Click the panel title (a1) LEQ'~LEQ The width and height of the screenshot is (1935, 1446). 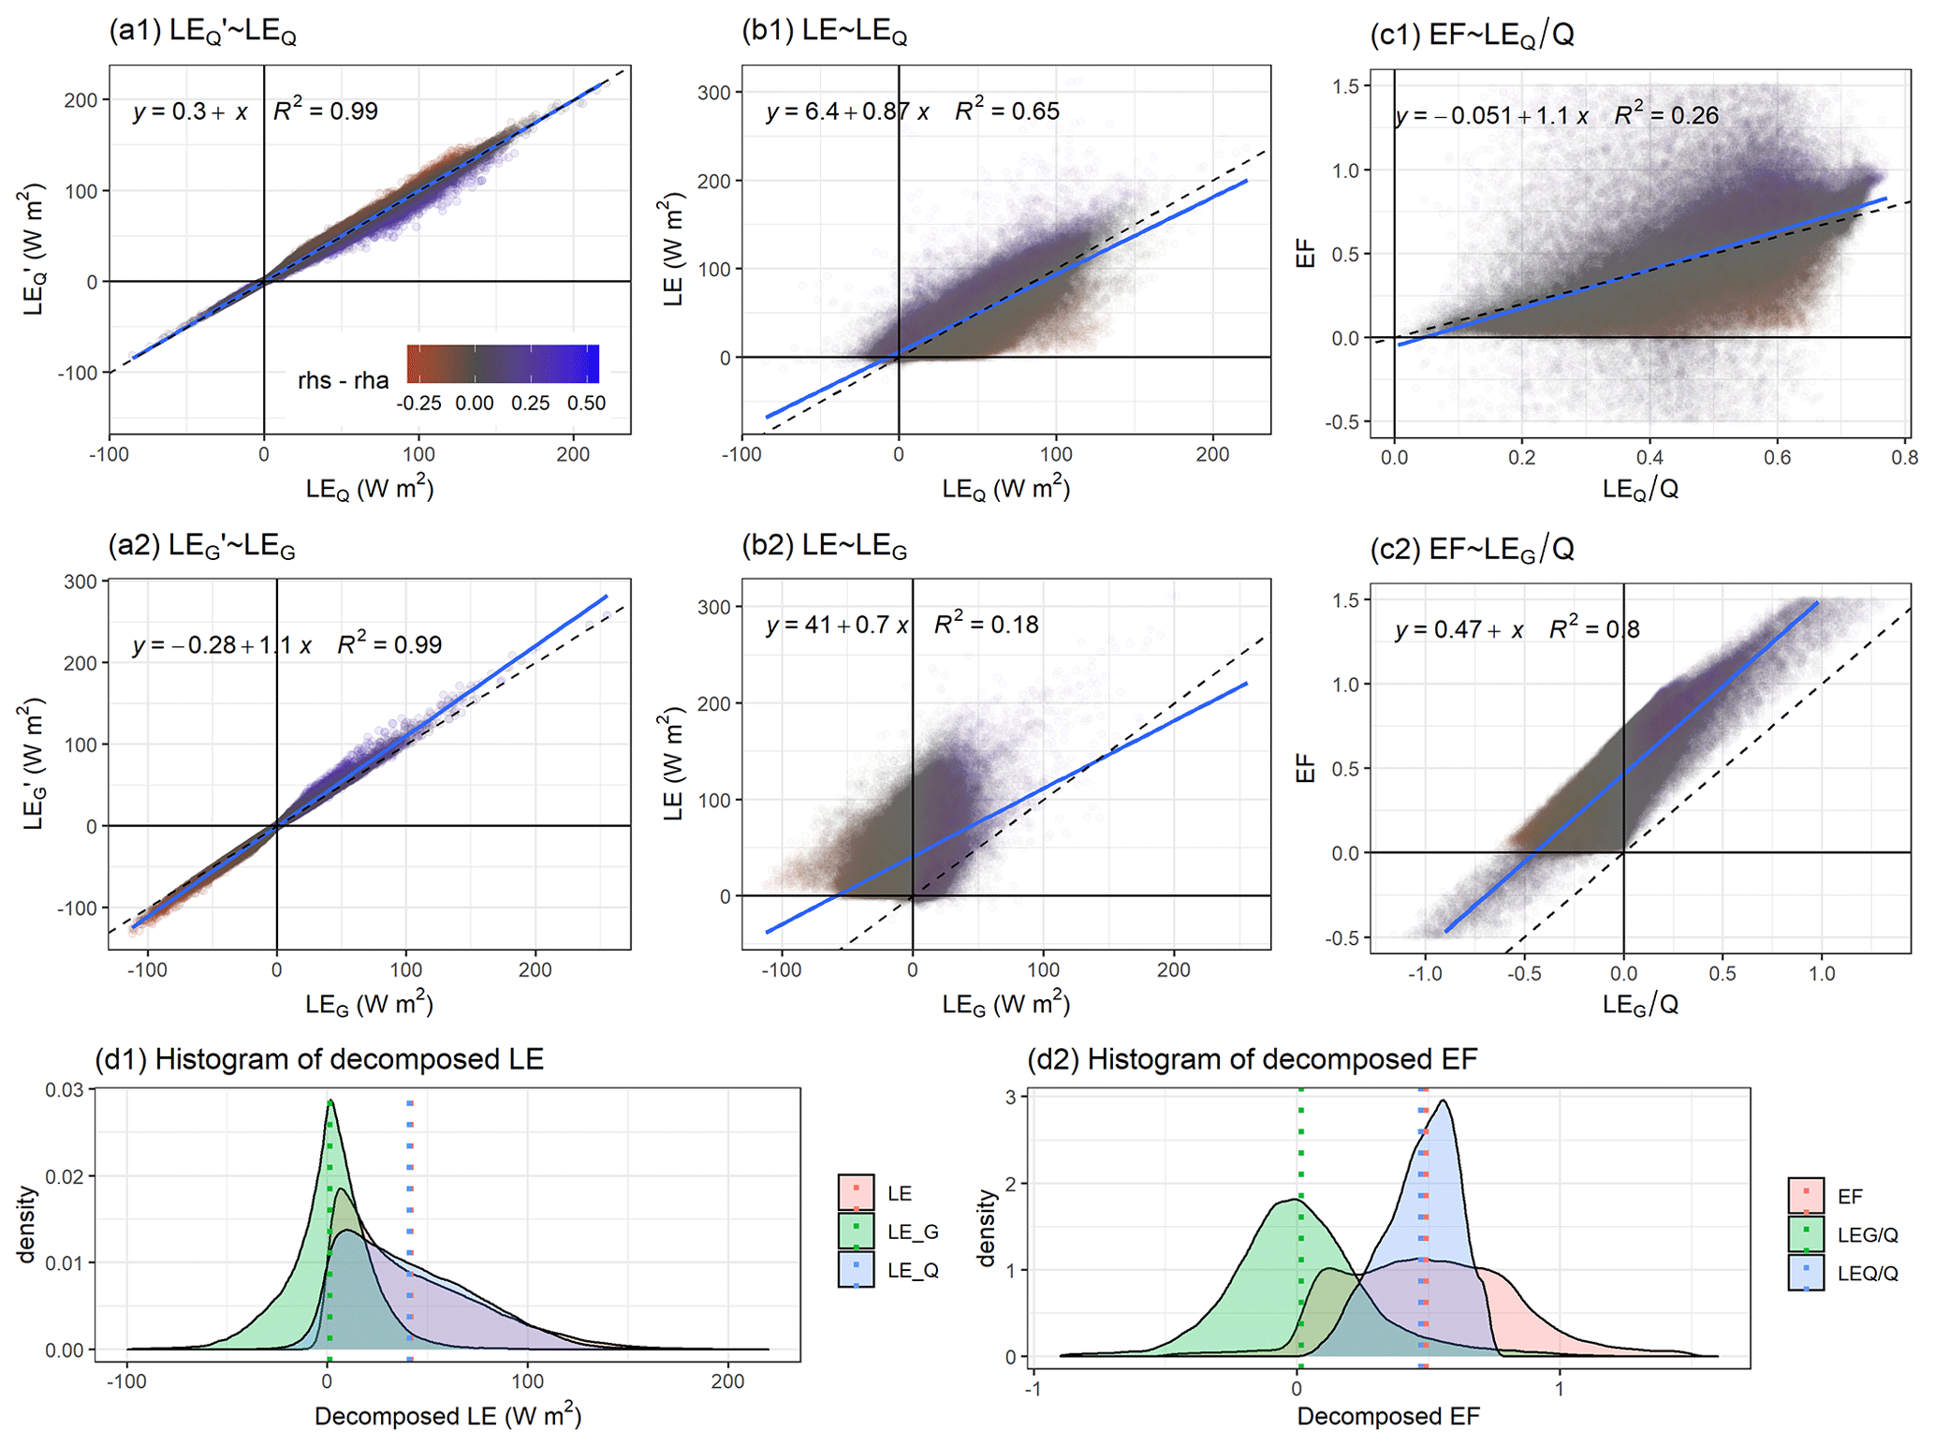[x=203, y=33]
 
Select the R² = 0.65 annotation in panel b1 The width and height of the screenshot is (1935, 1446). [x=1007, y=111]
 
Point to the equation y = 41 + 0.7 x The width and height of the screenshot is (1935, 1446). [x=837, y=625]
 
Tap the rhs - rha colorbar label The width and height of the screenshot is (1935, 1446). [x=344, y=380]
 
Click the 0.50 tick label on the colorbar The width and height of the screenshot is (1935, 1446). [x=586, y=404]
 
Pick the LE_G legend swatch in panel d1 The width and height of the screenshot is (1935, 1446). [x=856, y=1232]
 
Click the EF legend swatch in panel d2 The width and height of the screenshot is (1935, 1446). [x=1805, y=1196]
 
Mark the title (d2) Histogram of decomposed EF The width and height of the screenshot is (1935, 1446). [x=1252, y=1059]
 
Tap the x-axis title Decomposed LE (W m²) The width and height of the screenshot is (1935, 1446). [x=447, y=1416]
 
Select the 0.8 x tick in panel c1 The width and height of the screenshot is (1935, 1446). [x=1903, y=458]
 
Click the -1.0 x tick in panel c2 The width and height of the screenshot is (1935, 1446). [x=1425, y=974]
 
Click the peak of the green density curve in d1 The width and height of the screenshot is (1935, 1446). [x=330, y=1102]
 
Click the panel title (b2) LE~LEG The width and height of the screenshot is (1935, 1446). [x=824, y=546]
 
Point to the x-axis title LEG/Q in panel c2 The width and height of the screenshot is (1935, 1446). [x=1640, y=1005]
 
